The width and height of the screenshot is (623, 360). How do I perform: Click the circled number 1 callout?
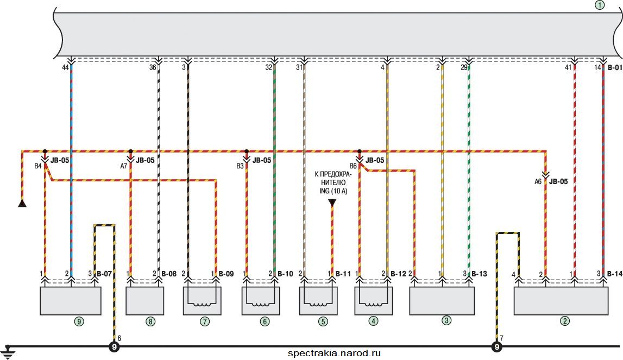pyautogui.click(x=599, y=5)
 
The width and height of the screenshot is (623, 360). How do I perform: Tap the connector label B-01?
pyautogui.click(x=615, y=67)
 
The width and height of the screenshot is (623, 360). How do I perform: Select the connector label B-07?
pyautogui.click(x=104, y=274)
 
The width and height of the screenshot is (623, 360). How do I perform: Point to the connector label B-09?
pyautogui.click(x=226, y=274)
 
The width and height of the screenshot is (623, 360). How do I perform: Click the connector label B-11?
pyautogui.click(x=343, y=274)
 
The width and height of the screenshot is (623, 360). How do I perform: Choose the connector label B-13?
pyautogui.click(x=479, y=274)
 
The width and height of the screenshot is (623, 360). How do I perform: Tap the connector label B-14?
pyautogui.click(x=615, y=274)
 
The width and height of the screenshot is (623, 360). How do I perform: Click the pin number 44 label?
pyautogui.click(x=65, y=67)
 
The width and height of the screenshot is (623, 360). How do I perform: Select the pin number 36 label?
pyautogui.click(x=153, y=67)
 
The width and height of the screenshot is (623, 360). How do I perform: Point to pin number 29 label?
pyautogui.click(x=464, y=67)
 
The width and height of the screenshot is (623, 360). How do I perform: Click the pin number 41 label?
pyautogui.click(x=568, y=67)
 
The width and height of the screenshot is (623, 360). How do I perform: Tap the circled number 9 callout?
pyautogui.click(x=79, y=321)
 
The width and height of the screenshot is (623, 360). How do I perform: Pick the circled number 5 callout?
pyautogui.click(x=323, y=321)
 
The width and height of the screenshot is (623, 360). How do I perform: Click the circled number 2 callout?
pyautogui.click(x=564, y=321)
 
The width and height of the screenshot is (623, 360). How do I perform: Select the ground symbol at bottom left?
pyautogui.click(x=6, y=352)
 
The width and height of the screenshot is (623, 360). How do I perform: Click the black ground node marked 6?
pyautogui.click(x=115, y=347)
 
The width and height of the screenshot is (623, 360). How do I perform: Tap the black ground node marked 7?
pyautogui.click(x=496, y=347)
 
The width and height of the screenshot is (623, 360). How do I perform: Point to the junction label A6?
pyautogui.click(x=538, y=181)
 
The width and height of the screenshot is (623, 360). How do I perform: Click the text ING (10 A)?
pyautogui.click(x=333, y=191)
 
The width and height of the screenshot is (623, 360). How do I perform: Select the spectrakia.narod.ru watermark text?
pyautogui.click(x=334, y=353)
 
